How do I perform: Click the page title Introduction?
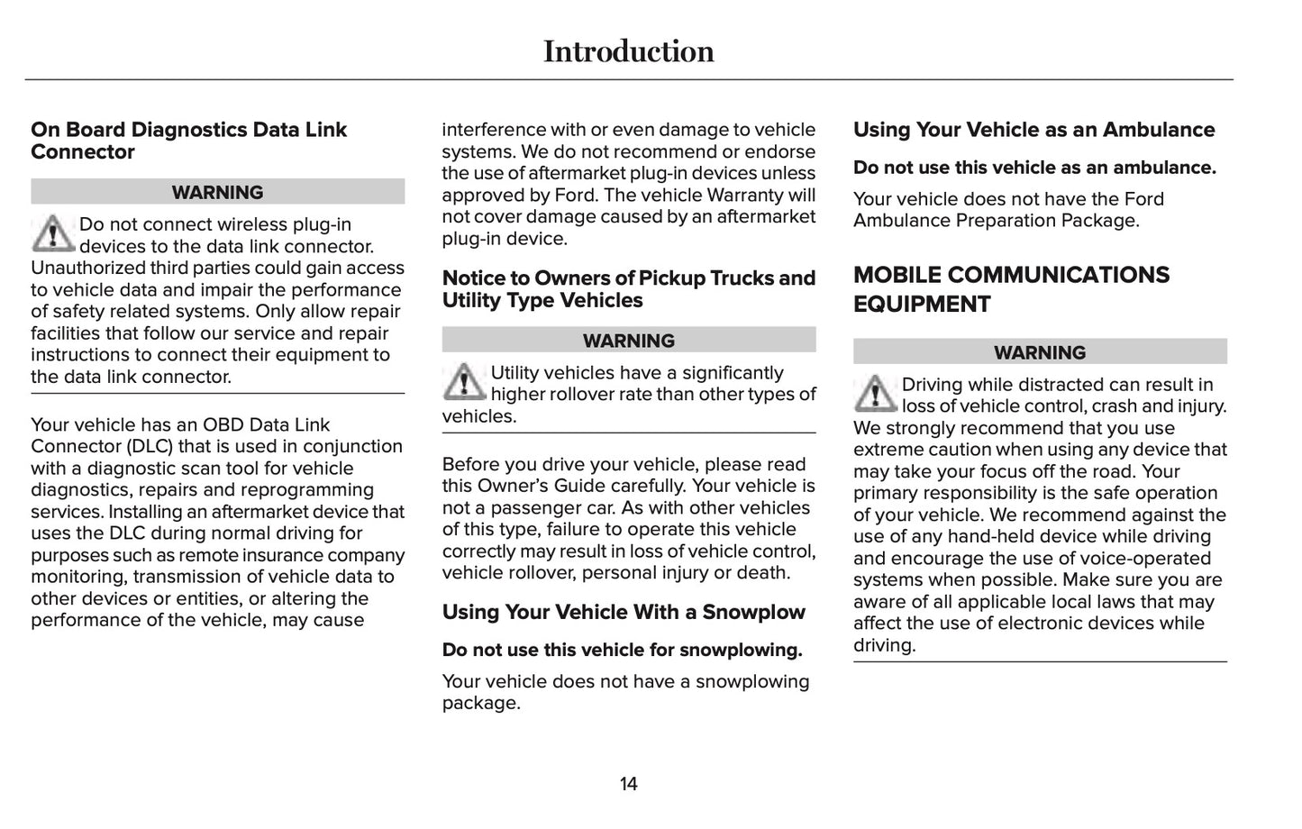pyautogui.click(x=628, y=51)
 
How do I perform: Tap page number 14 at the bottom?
pyautogui.click(x=628, y=784)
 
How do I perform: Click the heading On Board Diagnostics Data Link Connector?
pyautogui.click(x=188, y=141)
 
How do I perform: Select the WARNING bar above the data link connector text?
pyautogui.click(x=217, y=192)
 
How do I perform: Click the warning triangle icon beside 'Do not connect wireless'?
pyautogui.click(x=53, y=233)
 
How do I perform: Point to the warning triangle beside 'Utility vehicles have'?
pyautogui.click(x=464, y=382)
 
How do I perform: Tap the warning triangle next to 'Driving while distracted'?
pyautogui.click(x=875, y=394)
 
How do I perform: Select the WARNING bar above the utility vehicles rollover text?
pyautogui.click(x=628, y=341)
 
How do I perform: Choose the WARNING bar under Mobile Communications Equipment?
pyautogui.click(x=1039, y=352)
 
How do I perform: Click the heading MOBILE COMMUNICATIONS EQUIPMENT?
pyautogui.click(x=1011, y=289)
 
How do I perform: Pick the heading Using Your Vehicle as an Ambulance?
pyautogui.click(x=1033, y=130)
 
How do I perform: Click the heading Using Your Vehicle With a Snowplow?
pyautogui.click(x=624, y=612)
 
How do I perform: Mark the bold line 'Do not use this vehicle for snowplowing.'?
pyautogui.click(x=622, y=650)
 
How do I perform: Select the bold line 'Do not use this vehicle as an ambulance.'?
pyautogui.click(x=1034, y=168)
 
